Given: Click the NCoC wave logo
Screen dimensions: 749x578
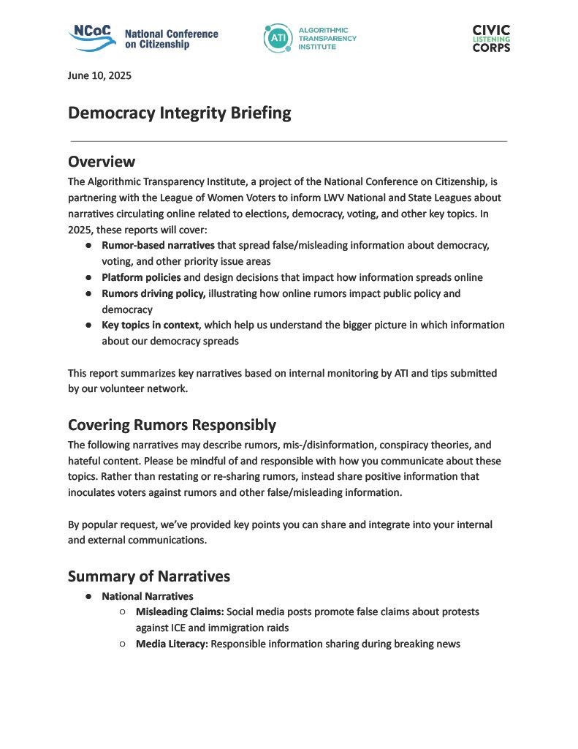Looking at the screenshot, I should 92,37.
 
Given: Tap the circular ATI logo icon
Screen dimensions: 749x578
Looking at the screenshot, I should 278,38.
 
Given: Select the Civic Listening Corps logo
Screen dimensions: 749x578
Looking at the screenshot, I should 491,38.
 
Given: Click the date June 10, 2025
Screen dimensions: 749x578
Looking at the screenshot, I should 99,75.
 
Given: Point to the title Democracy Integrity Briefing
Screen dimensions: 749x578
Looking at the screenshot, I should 179,113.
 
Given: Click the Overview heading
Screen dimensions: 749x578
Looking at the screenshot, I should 102,162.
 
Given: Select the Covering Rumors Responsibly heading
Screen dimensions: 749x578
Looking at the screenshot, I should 172,425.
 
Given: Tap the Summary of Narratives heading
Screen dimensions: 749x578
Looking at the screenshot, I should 149,576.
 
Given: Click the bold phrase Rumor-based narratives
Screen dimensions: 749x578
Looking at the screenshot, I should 158,245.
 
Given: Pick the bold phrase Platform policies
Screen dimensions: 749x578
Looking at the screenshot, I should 141,277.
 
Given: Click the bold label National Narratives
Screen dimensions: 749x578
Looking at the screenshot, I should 147,596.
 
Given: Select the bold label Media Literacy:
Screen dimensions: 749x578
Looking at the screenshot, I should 172,644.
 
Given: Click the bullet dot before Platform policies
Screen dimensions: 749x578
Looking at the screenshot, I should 88,278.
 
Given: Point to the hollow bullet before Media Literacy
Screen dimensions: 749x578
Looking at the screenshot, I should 122,644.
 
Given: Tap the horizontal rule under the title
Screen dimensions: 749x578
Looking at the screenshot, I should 289,140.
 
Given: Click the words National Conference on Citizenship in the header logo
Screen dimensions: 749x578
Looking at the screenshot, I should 171,39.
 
